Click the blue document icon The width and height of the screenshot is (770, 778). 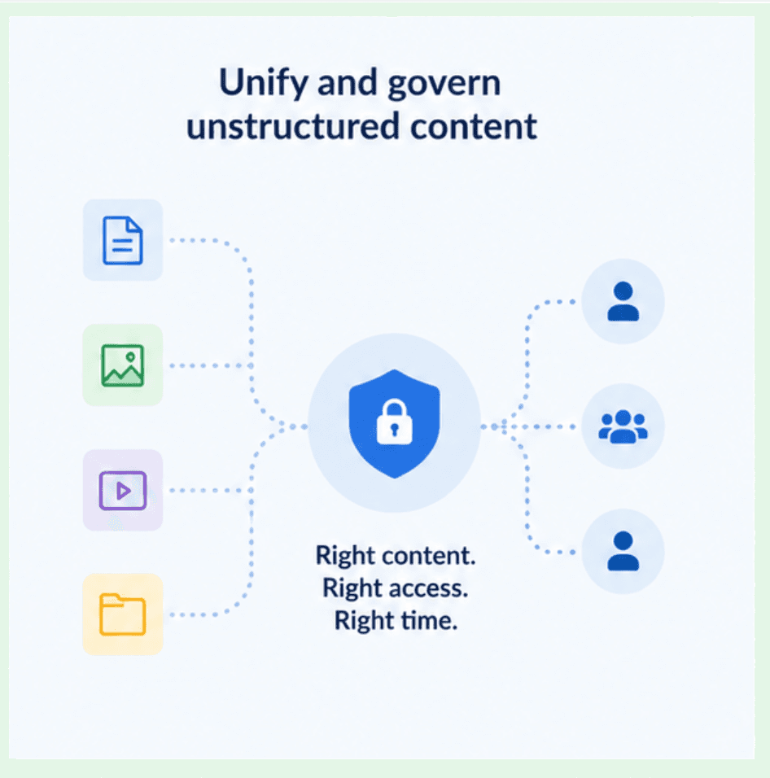(123, 240)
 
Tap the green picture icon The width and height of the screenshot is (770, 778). (123, 365)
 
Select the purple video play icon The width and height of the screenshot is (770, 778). (123, 490)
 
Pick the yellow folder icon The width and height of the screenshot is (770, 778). (123, 614)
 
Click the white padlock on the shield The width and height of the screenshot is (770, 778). (395, 422)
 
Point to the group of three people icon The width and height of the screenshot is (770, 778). (623, 426)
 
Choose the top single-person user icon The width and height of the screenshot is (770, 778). (623, 301)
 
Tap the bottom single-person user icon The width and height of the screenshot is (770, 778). (623, 551)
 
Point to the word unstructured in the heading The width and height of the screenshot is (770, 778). (293, 126)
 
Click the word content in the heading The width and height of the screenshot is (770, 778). (474, 126)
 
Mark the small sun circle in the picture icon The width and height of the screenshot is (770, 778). (130, 356)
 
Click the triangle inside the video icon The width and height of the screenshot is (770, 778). (124, 491)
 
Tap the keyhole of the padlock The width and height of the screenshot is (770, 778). (395, 429)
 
